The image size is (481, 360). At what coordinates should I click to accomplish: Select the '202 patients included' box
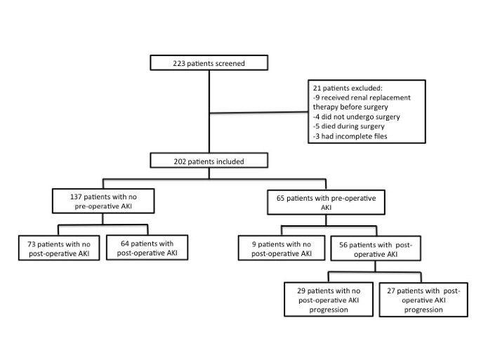tap(209, 161)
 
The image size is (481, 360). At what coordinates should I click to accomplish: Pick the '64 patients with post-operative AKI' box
tap(147, 248)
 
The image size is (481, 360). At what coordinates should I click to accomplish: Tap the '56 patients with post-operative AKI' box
tap(375, 248)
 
